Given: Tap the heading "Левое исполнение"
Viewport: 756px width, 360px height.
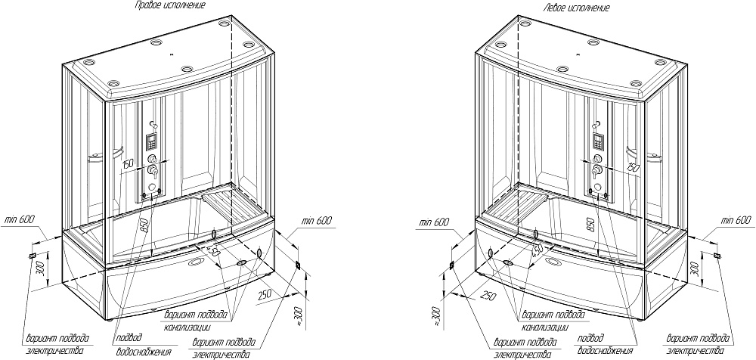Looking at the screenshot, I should (x=575, y=8).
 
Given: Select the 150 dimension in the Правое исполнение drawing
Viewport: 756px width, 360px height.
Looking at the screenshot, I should (x=128, y=163).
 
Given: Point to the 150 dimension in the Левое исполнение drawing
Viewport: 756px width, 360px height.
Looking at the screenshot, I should (x=634, y=166).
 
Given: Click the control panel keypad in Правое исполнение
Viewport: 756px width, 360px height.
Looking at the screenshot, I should (x=150, y=141).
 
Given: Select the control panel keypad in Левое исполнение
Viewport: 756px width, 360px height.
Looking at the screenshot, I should (x=598, y=142).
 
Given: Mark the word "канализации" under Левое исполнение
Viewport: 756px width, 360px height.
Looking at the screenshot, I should (x=544, y=327).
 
